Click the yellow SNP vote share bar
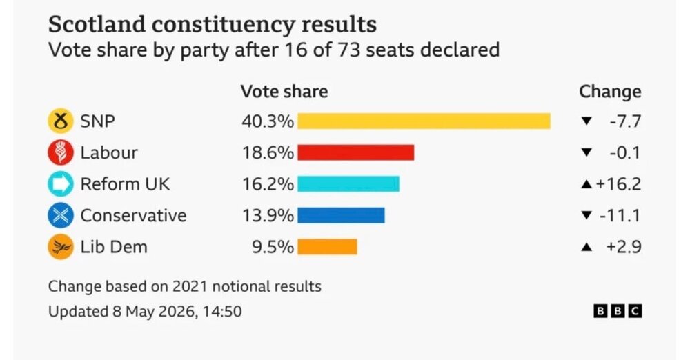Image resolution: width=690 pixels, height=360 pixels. [424, 121]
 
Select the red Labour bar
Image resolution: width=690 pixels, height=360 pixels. [355, 152]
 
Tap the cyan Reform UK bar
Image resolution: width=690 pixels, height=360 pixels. [348, 184]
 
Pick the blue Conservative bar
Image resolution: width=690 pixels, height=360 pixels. [341, 215]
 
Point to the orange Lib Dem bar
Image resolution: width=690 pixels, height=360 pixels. [327, 247]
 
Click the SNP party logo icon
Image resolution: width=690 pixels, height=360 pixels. [61, 121]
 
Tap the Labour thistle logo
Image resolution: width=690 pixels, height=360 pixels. [61, 152]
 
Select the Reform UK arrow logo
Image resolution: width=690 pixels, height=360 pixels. [61, 184]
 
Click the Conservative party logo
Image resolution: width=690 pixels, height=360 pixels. [61, 215]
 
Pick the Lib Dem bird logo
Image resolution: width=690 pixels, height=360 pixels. [61, 247]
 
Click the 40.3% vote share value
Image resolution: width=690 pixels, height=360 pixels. [268, 121]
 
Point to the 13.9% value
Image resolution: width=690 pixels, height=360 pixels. [268, 216]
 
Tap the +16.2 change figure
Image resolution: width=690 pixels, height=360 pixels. [618, 184]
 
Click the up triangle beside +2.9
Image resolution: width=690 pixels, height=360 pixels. [586, 248]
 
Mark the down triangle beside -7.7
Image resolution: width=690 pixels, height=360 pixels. [586, 121]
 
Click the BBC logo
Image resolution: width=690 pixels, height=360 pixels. [618, 311]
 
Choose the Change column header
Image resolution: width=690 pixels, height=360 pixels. [610, 92]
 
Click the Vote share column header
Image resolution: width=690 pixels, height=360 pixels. [284, 92]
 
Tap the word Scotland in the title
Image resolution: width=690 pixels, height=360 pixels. [97, 24]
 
